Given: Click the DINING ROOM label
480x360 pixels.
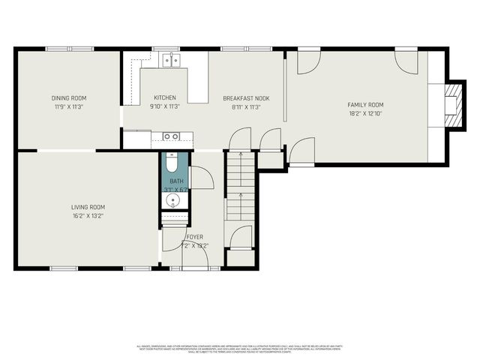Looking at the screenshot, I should (x=69, y=98).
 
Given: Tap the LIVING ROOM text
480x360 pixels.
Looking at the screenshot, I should (x=88, y=207).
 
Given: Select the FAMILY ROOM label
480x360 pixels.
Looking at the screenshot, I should (x=365, y=105).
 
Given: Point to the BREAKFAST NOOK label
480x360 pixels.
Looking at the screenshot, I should (x=246, y=98).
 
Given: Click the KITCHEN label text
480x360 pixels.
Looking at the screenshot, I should (x=165, y=98).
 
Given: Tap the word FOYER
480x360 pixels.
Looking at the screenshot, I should (x=194, y=237).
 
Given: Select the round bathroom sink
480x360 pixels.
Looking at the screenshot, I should (x=174, y=200).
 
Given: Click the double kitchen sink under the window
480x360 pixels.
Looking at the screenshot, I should (x=172, y=61).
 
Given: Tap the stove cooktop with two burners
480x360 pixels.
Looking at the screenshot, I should (x=171, y=136).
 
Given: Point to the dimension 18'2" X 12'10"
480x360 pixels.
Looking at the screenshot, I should (x=365, y=115).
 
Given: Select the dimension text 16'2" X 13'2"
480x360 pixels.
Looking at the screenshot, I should (x=88, y=216).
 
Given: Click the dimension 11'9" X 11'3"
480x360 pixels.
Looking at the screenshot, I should (x=69, y=107).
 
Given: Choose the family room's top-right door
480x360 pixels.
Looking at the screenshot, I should (x=407, y=62).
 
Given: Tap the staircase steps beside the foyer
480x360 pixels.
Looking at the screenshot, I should (x=241, y=187).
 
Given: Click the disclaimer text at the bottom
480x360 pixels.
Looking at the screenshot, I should (x=240, y=349).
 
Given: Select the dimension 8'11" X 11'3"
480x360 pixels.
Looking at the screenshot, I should (x=246, y=107).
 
